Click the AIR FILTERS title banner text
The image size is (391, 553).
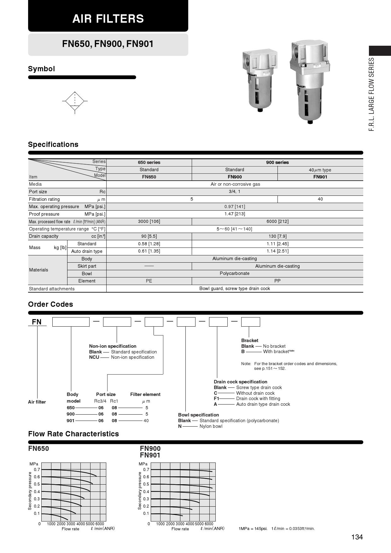108,19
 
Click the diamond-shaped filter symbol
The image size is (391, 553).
75,101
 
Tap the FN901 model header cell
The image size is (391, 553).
320,177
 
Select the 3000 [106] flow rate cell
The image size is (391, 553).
149,221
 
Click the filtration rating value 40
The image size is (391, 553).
320,199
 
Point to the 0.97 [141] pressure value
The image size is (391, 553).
235,207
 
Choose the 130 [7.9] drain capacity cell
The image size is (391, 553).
277,236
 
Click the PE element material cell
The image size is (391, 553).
149,281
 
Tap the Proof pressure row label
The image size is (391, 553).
44,214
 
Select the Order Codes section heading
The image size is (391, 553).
50,304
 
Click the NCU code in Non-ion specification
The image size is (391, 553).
94,357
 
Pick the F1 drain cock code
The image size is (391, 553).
216,399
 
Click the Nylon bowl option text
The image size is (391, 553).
211,426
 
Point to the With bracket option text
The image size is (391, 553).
276,352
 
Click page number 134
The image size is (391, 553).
357,537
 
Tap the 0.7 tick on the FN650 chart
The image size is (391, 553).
37,470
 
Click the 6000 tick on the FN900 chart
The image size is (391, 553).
209,524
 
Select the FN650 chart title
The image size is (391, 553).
38,449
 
